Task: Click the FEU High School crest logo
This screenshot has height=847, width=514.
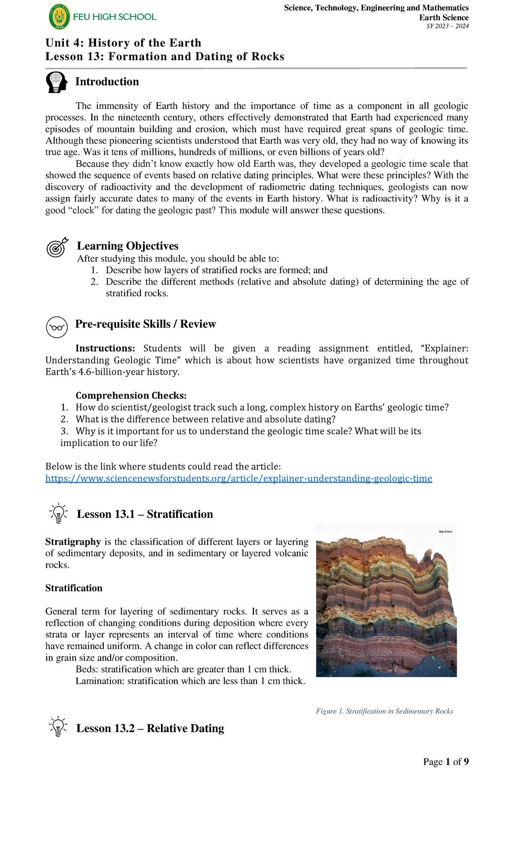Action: tap(59, 18)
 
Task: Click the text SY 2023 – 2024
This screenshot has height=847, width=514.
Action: tap(447, 26)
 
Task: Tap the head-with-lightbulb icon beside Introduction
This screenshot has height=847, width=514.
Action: tap(57, 82)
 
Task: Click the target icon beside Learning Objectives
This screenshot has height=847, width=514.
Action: tap(57, 247)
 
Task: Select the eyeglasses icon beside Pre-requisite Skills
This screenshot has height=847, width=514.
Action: tap(57, 327)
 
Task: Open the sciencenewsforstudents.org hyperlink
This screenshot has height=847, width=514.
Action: tap(239, 478)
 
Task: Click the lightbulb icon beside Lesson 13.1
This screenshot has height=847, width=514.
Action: tap(59, 514)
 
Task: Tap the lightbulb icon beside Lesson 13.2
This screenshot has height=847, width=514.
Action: tap(58, 727)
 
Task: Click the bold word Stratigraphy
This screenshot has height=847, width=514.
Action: tap(73, 542)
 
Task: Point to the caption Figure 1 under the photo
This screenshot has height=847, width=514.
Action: tap(384, 711)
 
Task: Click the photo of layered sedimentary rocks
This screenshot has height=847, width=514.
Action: tap(386, 600)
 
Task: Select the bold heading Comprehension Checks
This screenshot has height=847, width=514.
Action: tap(131, 395)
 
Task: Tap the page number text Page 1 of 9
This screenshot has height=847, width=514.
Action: tap(445, 762)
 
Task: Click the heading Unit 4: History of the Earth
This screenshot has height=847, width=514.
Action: tap(123, 43)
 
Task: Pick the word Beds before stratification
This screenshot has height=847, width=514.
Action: tap(87, 670)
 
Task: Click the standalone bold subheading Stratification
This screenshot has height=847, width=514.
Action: tap(74, 588)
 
